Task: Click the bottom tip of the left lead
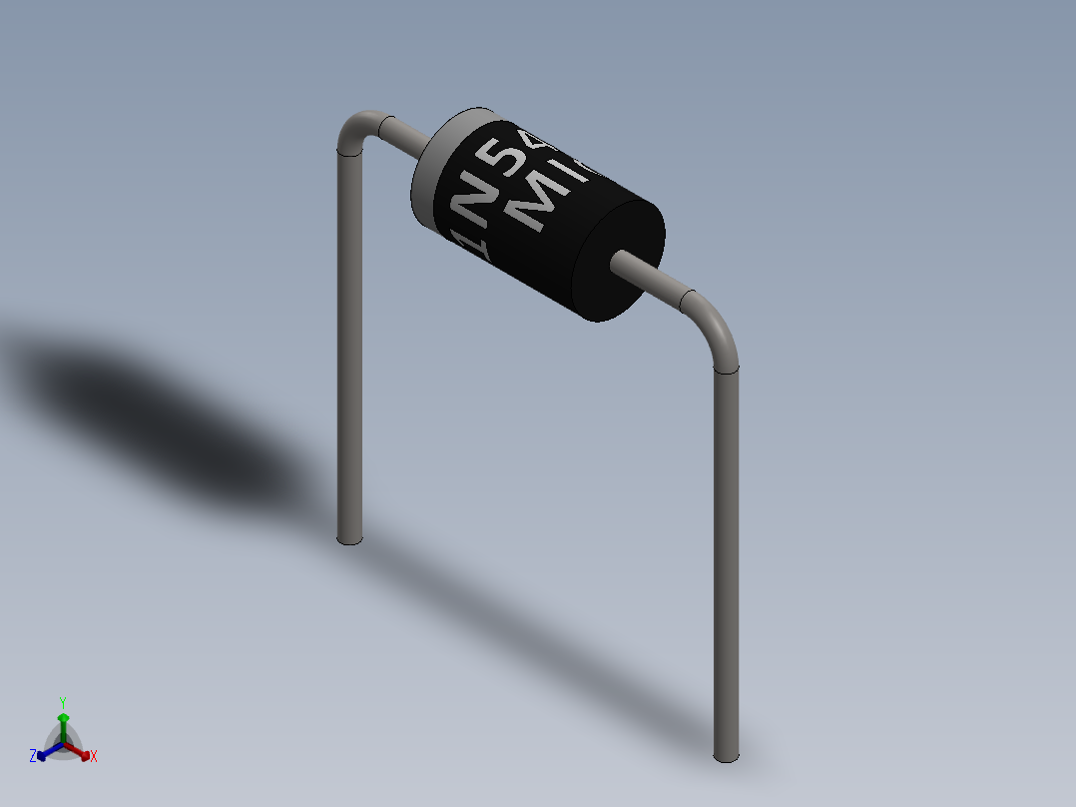point(348,538)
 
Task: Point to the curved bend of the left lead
point(354,130)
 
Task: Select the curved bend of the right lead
point(717,329)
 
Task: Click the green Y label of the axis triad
point(63,701)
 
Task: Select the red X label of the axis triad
point(94,757)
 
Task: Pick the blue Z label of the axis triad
point(33,757)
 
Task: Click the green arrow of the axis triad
point(63,721)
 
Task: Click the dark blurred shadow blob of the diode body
point(150,400)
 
